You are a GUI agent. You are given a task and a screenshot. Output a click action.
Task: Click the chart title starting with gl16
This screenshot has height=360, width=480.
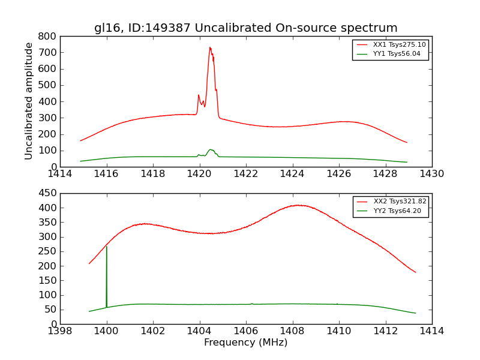(x=245, y=28)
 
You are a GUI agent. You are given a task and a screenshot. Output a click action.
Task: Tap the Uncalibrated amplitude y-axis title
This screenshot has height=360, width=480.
(x=29, y=101)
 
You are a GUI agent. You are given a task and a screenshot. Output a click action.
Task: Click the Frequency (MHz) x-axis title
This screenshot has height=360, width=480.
(x=245, y=343)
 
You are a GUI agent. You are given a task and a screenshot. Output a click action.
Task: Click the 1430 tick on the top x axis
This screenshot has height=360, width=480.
(x=431, y=174)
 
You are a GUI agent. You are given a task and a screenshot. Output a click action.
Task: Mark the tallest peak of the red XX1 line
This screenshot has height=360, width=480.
(x=210, y=47)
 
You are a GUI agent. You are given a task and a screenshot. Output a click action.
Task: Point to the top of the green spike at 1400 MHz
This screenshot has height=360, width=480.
(x=106, y=246)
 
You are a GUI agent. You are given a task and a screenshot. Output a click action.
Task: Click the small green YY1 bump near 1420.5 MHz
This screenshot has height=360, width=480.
(x=211, y=149)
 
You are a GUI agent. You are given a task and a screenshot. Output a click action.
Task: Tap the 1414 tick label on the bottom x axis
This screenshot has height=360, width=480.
(x=431, y=331)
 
